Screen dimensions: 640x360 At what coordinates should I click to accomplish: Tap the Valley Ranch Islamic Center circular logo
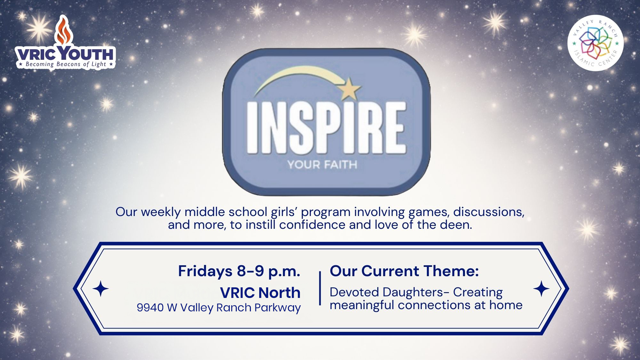point(595,43)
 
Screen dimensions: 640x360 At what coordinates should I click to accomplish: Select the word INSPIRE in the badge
point(326,128)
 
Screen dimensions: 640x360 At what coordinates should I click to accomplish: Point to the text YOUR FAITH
point(322,165)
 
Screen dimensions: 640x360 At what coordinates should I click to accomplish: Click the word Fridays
point(205,271)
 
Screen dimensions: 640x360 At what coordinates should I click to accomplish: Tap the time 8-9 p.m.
point(268,271)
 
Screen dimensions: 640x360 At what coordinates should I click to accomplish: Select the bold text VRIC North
point(260,292)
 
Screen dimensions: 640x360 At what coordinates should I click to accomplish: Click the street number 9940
point(150,308)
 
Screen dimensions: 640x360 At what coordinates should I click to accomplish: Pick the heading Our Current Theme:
point(404,271)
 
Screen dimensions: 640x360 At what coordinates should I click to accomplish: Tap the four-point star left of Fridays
point(101,288)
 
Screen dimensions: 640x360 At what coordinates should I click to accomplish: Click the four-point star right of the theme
point(541,288)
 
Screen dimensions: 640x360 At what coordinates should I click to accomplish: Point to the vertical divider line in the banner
point(320,288)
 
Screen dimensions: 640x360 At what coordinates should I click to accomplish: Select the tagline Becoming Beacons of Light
point(66,64)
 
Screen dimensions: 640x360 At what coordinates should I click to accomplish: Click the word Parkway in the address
point(277,308)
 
